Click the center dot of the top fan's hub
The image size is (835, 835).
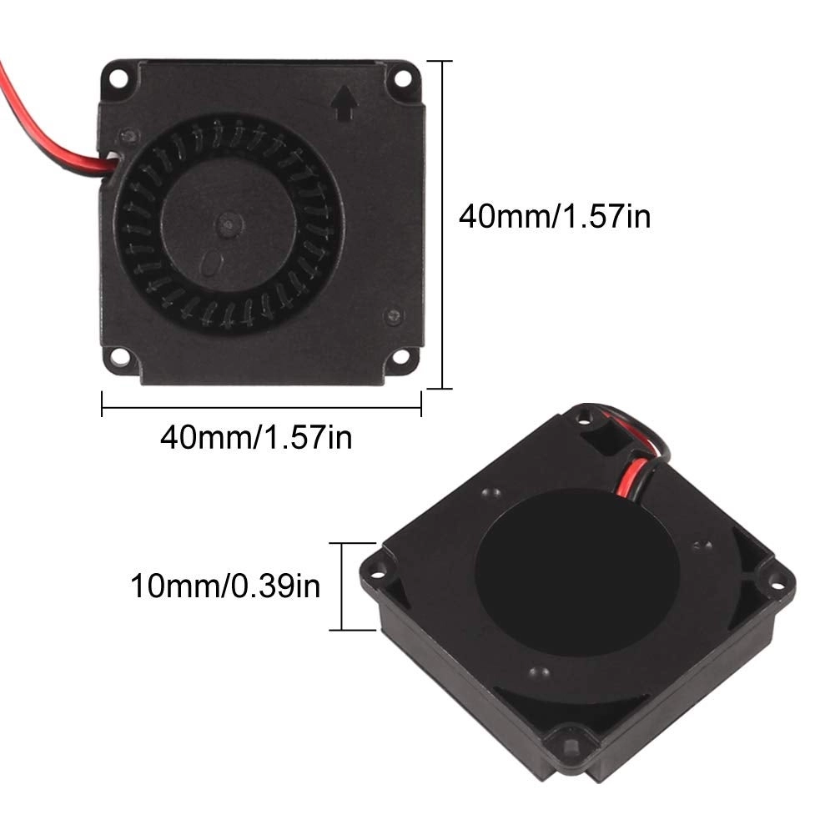(x=228, y=223)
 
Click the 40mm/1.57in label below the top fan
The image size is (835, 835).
(x=256, y=436)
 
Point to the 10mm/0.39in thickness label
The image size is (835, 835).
(x=224, y=585)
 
